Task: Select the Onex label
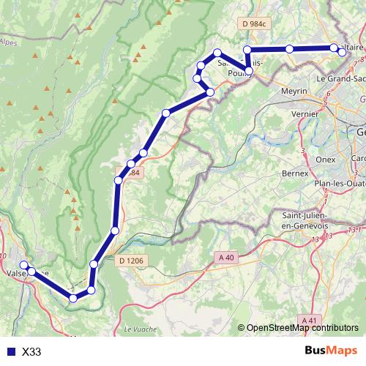pos(324,158)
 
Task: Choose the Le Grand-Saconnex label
pos(340,77)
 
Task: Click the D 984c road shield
pos(254,24)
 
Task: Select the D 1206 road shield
pos(130,260)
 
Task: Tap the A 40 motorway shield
pos(225,256)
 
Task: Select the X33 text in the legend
pos(31,351)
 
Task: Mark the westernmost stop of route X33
pos(23,265)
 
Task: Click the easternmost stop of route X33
pos(342,52)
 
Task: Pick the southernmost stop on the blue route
pos(72,298)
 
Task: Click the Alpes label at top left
pos(9,42)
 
